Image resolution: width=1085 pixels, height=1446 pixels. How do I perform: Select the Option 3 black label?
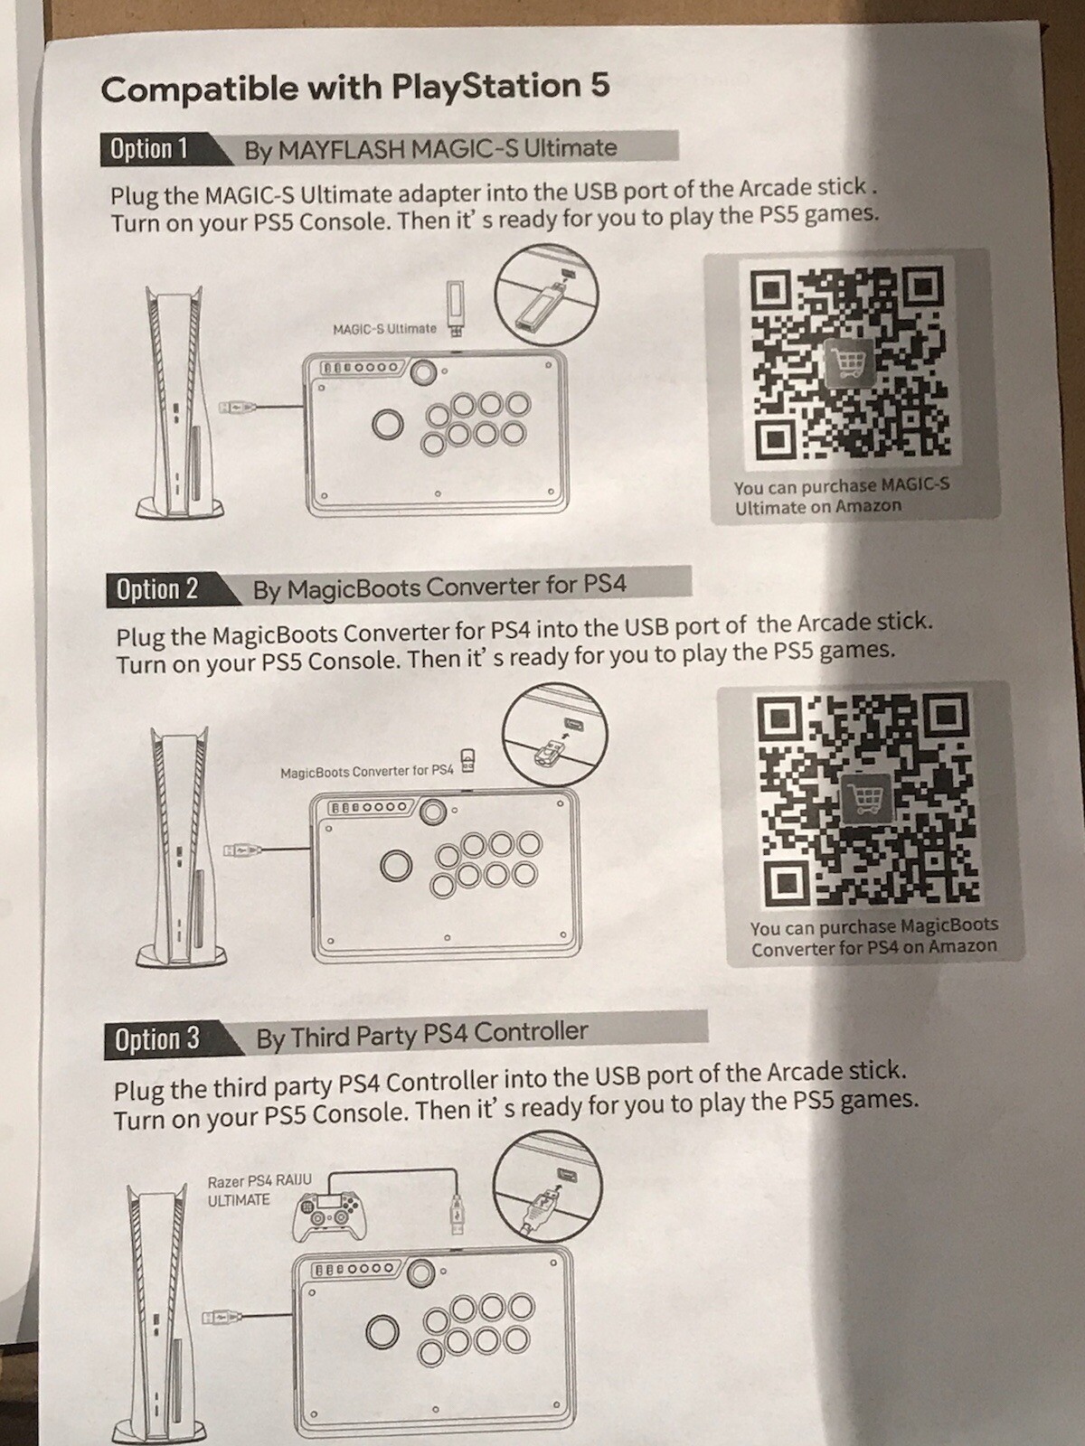(168, 1039)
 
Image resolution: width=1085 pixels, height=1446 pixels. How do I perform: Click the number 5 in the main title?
(599, 86)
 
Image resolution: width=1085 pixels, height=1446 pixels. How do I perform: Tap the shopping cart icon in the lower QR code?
(867, 798)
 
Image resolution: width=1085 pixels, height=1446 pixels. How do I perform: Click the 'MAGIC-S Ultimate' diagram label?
(385, 328)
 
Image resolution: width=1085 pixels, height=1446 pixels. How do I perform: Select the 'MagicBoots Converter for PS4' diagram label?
(367, 771)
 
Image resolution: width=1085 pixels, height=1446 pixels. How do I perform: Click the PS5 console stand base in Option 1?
(179, 510)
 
